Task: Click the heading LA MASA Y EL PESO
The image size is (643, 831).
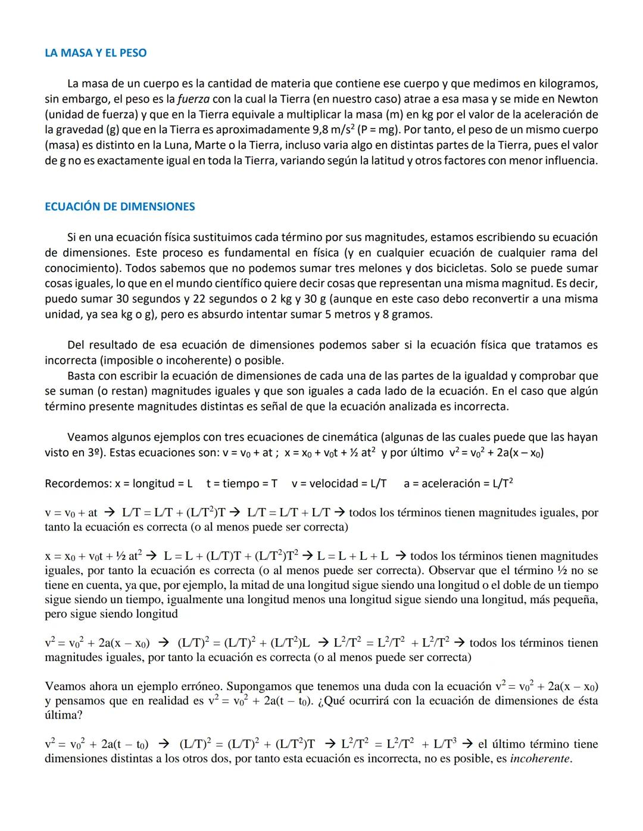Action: point(95,53)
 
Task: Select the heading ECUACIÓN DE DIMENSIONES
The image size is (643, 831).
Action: point(120,206)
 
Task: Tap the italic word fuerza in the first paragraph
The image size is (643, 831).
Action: point(194,99)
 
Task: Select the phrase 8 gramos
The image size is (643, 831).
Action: point(411,314)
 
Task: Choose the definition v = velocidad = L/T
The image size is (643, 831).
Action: point(339,484)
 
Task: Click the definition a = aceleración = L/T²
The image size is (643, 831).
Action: point(458,484)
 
